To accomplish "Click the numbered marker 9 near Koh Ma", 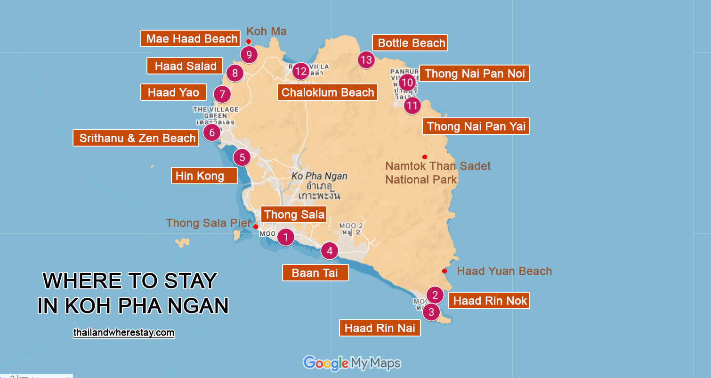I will click(249, 55).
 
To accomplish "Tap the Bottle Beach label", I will click(410, 43).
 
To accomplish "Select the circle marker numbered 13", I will click(366, 60).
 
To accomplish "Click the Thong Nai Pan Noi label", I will click(474, 74).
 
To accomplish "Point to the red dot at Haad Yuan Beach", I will click(444, 271).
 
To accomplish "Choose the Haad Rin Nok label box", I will click(489, 301).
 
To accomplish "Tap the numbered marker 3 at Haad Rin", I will click(431, 312).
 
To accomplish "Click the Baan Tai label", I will click(315, 273).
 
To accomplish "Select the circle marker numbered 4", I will click(330, 251).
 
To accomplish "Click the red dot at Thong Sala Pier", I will click(256, 227).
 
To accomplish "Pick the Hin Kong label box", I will click(204, 176).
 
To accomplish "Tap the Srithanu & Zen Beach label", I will click(136, 138).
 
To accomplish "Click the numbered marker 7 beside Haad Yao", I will click(222, 94).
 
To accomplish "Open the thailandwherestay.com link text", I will click(124, 333).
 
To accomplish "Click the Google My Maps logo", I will click(352, 363).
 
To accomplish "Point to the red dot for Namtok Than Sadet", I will click(424, 157).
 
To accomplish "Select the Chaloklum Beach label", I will click(328, 92).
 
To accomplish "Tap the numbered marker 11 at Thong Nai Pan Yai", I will click(412, 106).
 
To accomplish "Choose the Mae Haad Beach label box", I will click(191, 39).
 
